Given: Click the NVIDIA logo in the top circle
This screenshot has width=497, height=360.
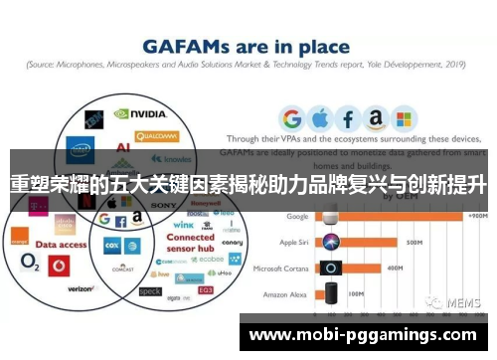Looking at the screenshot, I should tap(143, 116).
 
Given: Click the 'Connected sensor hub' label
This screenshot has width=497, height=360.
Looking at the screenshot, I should tap(190, 245).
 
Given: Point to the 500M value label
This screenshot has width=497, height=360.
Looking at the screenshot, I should tap(414, 242).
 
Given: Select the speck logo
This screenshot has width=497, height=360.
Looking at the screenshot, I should tap(150, 291).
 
